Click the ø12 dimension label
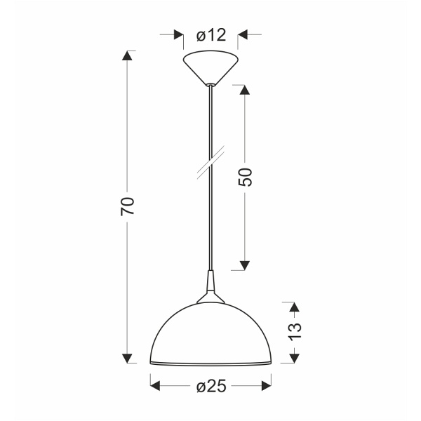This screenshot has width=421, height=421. [210, 34]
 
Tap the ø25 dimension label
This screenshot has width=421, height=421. [210, 386]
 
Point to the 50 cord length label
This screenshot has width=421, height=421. [245, 178]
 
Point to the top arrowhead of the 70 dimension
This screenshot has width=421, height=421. [128, 57]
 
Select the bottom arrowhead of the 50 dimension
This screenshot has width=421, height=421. [245, 265]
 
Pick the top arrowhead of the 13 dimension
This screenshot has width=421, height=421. [294, 307]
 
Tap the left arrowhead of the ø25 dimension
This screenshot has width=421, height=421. [156, 385]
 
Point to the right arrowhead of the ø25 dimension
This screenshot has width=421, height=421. [266, 385]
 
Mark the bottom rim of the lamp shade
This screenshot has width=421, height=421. [210, 364]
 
